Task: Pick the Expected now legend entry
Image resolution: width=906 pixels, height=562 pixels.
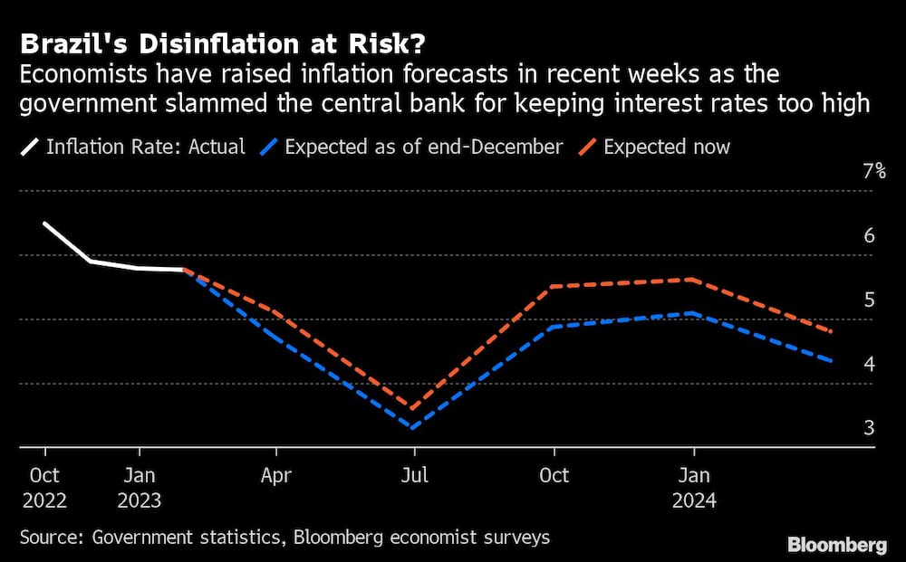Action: pos(666,146)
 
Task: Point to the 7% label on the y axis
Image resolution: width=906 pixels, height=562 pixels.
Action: pos(873,171)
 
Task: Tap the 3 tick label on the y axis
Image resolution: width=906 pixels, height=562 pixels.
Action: pos(868,428)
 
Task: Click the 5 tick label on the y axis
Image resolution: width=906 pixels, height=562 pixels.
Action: pos(868,300)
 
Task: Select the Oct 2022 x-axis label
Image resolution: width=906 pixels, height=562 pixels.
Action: pos(44,488)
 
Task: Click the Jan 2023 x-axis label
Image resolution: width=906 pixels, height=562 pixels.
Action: pos(139,488)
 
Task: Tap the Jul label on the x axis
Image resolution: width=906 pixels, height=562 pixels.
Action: pos(415,476)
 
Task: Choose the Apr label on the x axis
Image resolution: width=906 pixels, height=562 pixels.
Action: pos(276,476)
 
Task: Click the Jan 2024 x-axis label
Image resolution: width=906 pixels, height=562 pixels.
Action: pos(693,488)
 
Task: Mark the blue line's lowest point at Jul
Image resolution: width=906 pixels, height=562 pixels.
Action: pos(414,427)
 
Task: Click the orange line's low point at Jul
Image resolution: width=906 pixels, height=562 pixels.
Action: pos(414,409)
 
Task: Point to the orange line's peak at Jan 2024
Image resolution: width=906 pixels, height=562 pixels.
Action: pos(693,280)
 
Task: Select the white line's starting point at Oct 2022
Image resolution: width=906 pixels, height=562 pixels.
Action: pos(44,224)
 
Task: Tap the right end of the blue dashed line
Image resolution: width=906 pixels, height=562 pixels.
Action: pos(832,361)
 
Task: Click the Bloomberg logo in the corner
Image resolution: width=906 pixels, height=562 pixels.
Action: pos(836,545)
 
